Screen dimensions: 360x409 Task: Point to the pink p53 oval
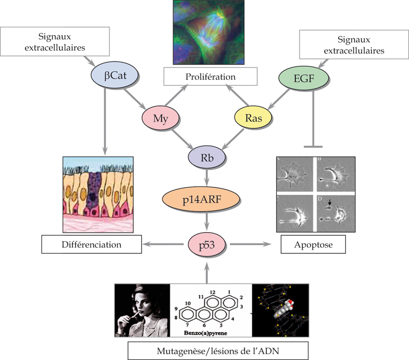click(x=205, y=243)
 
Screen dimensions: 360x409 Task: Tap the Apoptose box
click(x=313, y=244)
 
